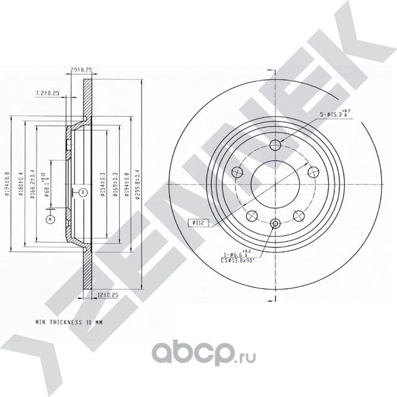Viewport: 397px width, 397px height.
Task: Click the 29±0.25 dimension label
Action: pyautogui.click(x=82, y=70)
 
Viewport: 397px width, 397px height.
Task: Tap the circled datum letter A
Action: pyautogui.click(x=51, y=219)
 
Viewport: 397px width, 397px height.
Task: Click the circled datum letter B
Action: pyautogui.click(x=82, y=192)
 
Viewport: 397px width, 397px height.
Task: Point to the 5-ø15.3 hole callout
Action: pyautogui.click(x=336, y=114)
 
